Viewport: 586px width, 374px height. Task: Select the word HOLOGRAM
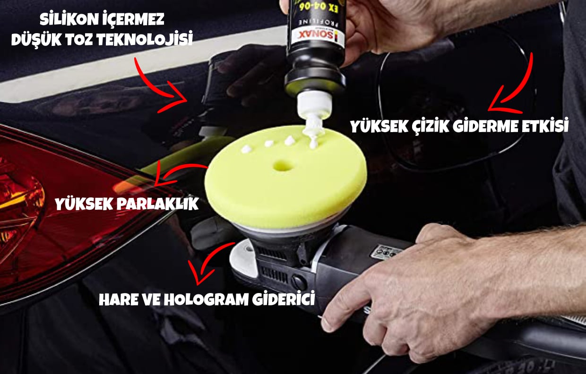206,299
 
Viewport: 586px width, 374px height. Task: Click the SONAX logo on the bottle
317,36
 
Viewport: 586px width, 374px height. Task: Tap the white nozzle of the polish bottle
314,105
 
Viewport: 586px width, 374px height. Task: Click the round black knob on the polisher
299,282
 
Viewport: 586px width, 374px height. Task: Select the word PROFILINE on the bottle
317,22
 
